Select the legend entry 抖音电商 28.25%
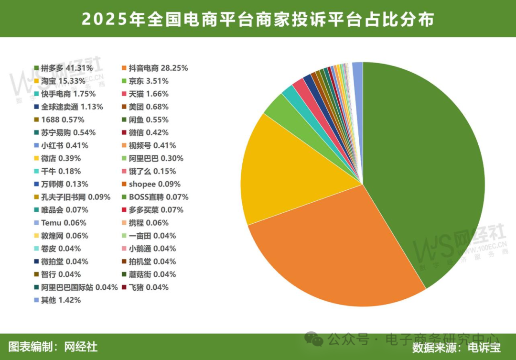click(158, 68)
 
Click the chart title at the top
click(258, 20)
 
